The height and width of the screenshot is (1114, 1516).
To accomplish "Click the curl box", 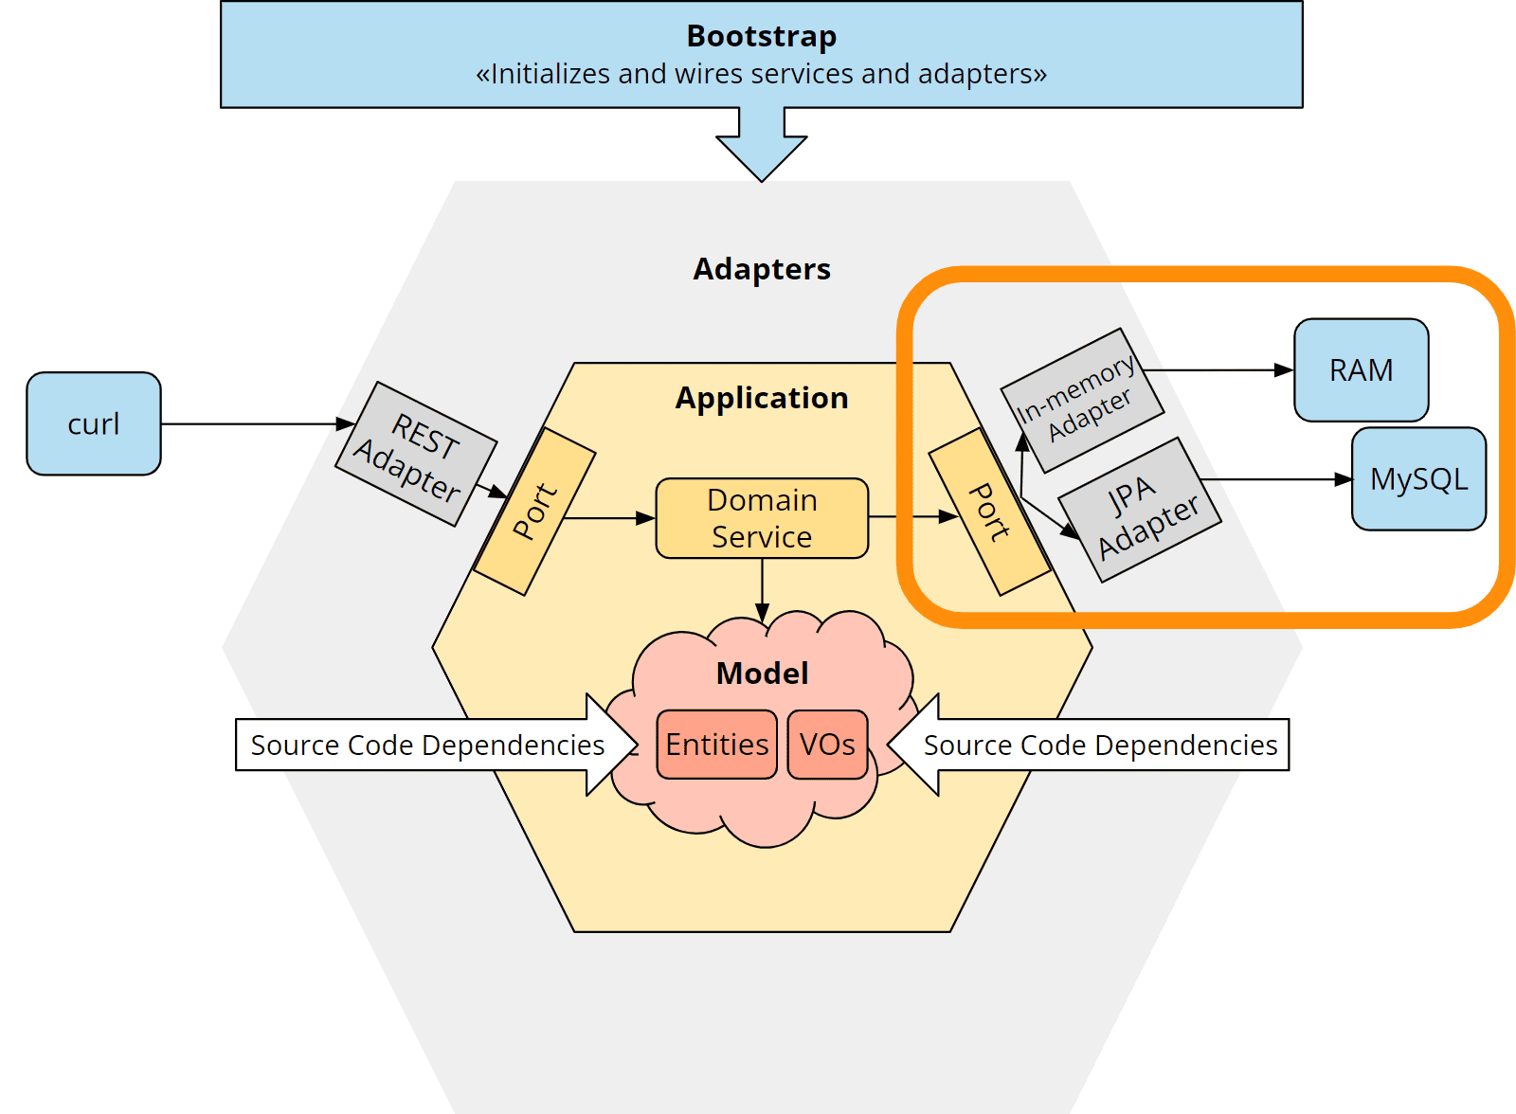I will [93, 423].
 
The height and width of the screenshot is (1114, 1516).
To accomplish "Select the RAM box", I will [1361, 369].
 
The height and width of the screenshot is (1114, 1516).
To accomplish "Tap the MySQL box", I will [1418, 478].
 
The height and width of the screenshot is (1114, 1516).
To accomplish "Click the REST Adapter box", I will [416, 454].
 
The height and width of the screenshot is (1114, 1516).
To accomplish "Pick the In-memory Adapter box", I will [1082, 400].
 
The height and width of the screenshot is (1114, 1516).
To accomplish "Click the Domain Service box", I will [762, 518].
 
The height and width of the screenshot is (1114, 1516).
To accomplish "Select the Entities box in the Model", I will [716, 745].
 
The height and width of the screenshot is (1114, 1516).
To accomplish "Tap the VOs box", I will [827, 745].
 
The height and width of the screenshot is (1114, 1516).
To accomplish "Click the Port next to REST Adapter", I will [534, 512].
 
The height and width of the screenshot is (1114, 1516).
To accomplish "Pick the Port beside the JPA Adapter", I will [990, 512].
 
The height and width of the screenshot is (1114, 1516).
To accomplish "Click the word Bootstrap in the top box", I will [761, 36].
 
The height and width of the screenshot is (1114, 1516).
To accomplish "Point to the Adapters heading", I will [761, 269].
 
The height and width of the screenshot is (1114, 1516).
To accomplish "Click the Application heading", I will [761, 398].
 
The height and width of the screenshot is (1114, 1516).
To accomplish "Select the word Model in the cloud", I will [762, 674].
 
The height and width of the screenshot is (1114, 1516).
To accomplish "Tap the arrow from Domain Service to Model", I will [762, 587].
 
